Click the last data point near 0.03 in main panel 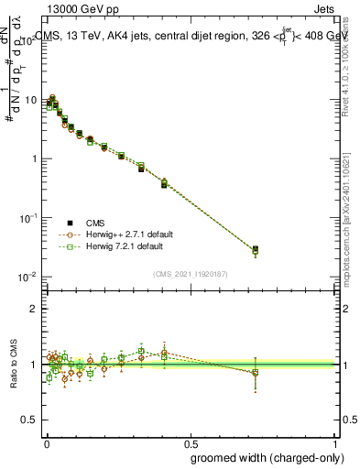[256, 249]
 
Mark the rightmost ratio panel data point [256, 372]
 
